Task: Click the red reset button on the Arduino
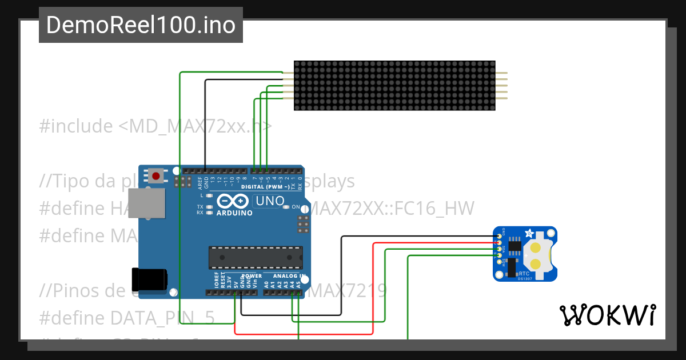[x=156, y=175]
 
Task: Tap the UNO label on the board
[x=269, y=201]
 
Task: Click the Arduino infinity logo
[x=233, y=201]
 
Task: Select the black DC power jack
[x=150, y=279]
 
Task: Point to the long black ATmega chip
[x=255, y=257]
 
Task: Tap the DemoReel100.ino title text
[x=141, y=25]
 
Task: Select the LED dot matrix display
[x=394, y=86]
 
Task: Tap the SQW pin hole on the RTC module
[x=499, y=261]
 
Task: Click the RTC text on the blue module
[x=524, y=274]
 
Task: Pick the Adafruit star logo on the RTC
[x=529, y=234]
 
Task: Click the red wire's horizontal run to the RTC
[x=434, y=243]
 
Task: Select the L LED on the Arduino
[x=210, y=195]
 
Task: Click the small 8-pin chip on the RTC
[x=514, y=246]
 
